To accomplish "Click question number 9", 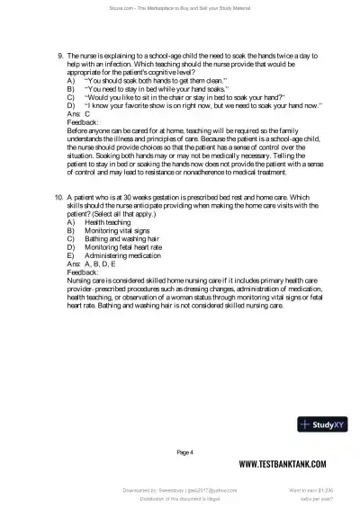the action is pos(60,55).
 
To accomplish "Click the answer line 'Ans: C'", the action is pos(79,114).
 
